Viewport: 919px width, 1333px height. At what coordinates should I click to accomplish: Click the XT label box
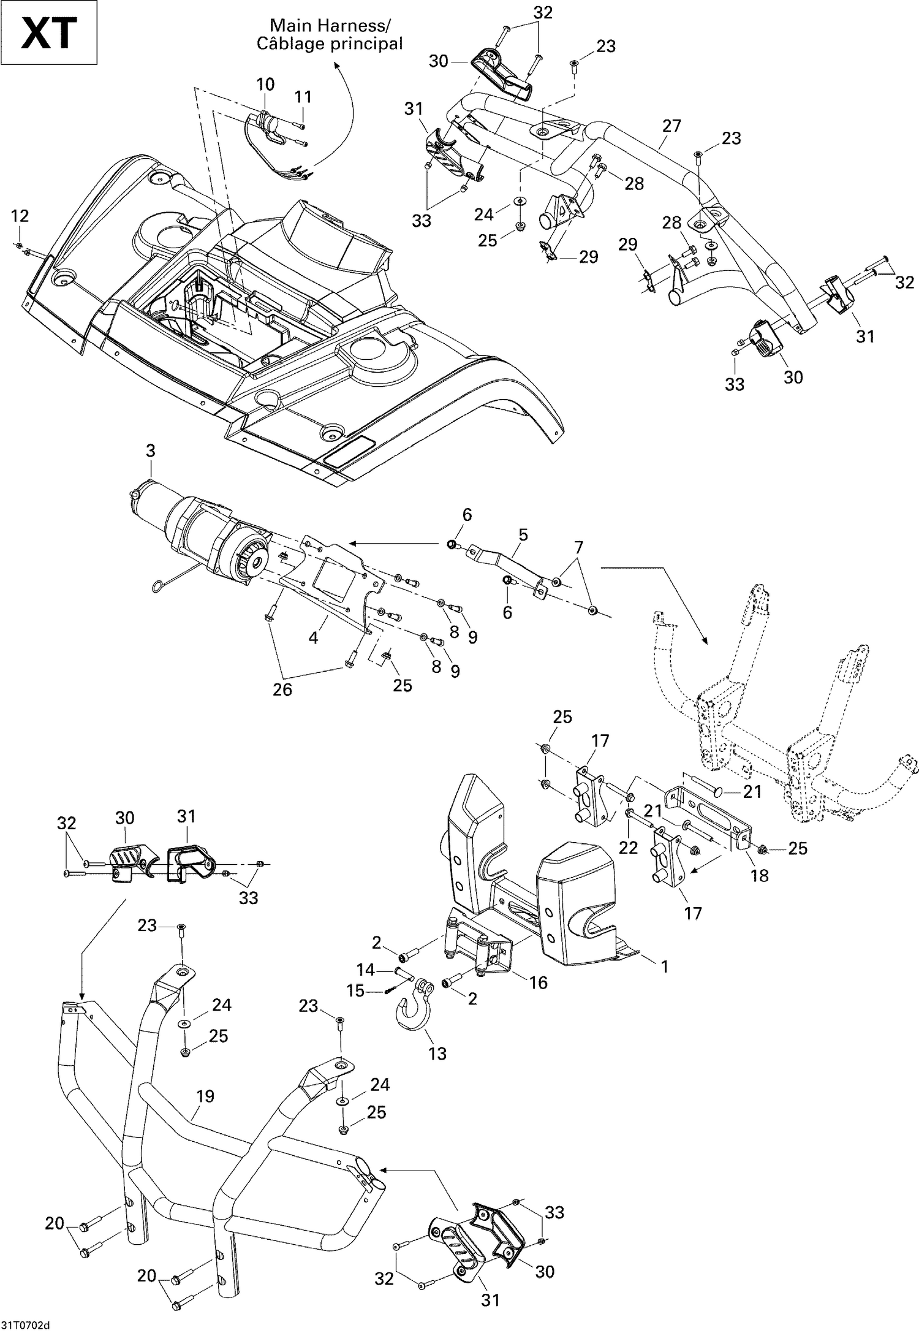tap(49, 32)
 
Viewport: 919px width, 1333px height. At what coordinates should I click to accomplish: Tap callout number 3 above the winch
tap(150, 451)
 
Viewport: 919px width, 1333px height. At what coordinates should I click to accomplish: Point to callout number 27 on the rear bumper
tap(671, 126)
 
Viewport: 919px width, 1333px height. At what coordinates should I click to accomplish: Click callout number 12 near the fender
tap(20, 216)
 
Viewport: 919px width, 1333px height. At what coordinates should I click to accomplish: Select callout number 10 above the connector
tap(265, 84)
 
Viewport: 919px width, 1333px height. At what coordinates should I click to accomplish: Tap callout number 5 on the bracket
tap(523, 534)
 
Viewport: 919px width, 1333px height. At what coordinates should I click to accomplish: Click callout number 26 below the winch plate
tap(282, 690)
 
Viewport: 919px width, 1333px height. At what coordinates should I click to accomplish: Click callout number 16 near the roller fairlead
tap(537, 982)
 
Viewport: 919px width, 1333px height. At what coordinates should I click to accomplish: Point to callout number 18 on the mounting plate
tap(759, 875)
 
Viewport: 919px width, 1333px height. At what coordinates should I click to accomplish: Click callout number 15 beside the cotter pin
tap(356, 991)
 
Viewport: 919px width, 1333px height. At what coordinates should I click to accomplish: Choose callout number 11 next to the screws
tap(303, 97)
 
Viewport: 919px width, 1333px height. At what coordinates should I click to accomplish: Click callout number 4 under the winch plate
tap(313, 637)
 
